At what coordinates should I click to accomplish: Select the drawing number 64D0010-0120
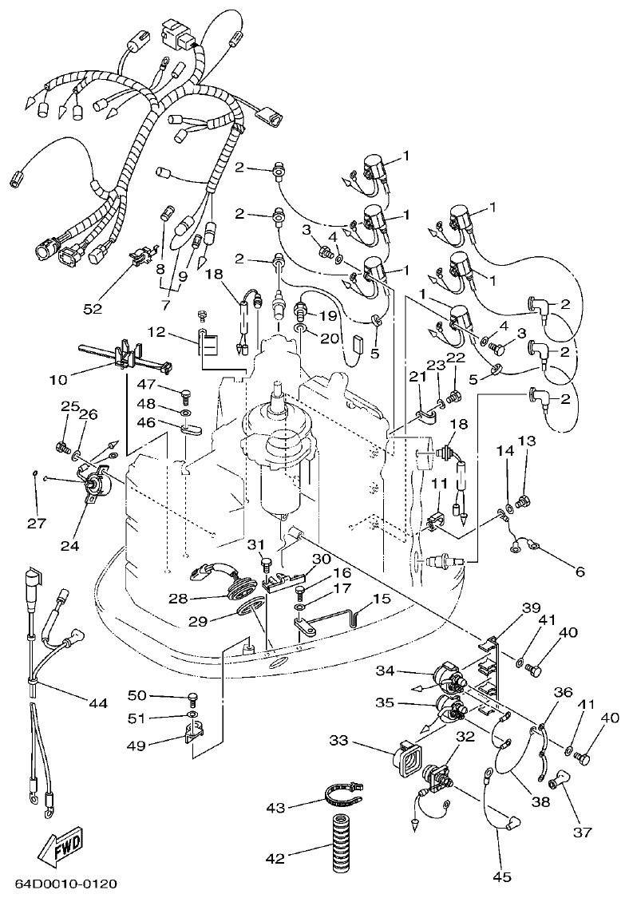click(x=66, y=884)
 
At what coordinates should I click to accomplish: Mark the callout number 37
click(x=582, y=832)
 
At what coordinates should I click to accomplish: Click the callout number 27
click(x=34, y=523)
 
